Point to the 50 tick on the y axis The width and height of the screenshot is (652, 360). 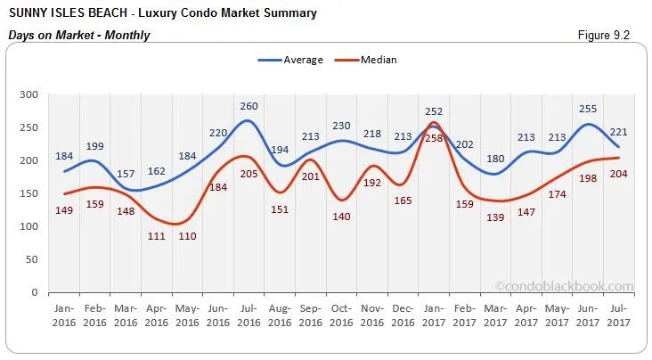[31, 259]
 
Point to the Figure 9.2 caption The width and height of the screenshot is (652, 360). [604, 35]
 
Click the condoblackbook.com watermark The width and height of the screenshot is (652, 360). [563, 286]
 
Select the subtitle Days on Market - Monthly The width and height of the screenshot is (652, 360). [79, 36]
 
